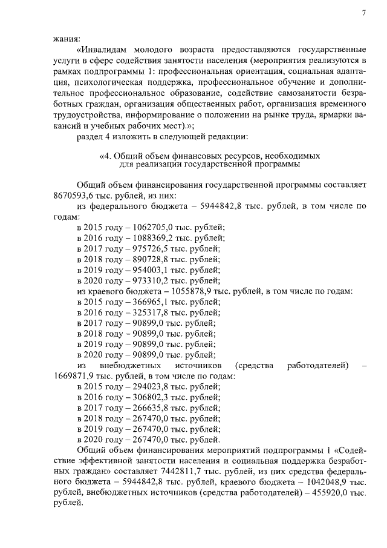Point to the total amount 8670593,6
coord(74,196)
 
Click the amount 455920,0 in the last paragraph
coord(331,493)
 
